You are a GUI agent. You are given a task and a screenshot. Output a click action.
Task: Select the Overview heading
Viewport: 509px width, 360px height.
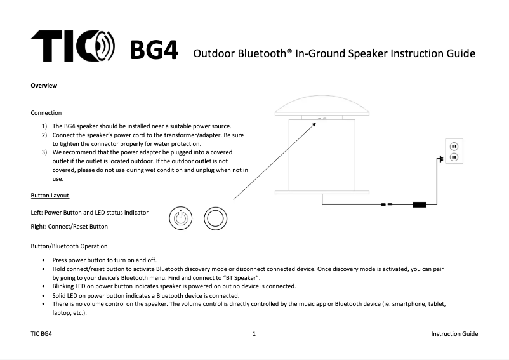coord(44,86)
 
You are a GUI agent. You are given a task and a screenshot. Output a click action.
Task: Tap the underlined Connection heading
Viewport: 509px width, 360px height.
coord(46,113)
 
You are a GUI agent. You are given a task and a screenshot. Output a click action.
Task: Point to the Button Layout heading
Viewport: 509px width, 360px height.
coord(50,195)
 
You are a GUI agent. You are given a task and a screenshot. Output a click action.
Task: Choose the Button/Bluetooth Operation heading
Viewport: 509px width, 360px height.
coord(69,246)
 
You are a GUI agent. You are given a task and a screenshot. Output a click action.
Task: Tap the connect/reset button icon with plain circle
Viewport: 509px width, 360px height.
coord(215,218)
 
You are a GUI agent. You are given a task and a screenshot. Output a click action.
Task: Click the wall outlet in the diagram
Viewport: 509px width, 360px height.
coord(454,151)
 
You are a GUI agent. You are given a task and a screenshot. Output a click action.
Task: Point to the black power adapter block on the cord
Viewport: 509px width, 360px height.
coord(419,204)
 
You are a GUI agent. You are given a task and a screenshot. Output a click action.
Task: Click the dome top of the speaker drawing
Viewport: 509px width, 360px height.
coord(322,103)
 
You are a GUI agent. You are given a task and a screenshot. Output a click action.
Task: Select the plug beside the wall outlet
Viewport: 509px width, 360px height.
coord(438,160)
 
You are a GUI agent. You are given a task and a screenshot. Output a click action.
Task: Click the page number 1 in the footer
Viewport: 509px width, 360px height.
coord(254,334)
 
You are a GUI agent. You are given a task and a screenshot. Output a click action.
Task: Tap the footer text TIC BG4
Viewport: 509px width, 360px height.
coord(41,334)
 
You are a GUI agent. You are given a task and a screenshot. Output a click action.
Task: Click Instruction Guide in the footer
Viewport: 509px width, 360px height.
coord(454,334)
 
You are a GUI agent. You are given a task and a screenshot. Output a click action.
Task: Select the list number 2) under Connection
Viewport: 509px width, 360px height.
coord(44,135)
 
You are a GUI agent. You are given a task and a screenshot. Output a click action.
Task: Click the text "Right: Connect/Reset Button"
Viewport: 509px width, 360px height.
coord(69,226)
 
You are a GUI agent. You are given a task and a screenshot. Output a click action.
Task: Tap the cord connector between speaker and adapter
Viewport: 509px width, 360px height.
coord(385,204)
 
